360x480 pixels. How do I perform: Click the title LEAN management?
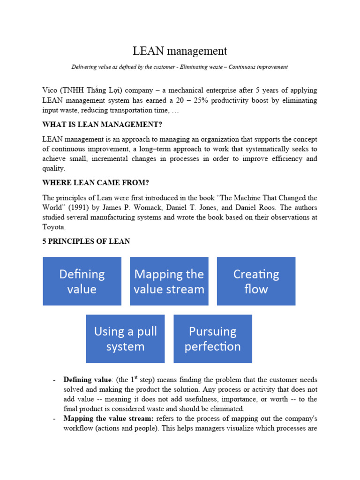[x=180, y=51]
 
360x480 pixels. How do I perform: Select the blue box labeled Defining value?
[x=82, y=281]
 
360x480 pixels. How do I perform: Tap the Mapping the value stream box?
[x=169, y=281]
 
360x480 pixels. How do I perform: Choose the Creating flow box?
[x=256, y=281]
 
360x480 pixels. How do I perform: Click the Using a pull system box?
[x=125, y=339]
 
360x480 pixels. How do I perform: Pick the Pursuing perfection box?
[x=213, y=339]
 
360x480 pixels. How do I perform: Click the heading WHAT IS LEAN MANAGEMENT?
[x=98, y=125]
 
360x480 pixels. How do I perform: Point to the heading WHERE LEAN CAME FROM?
[x=90, y=182]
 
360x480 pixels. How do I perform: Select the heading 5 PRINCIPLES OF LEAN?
[x=86, y=241]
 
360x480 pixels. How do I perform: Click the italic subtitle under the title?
[x=180, y=67]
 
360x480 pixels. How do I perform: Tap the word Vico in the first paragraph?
[x=50, y=90]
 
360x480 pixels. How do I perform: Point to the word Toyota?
[x=53, y=227]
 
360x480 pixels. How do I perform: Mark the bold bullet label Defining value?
[x=84, y=379]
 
